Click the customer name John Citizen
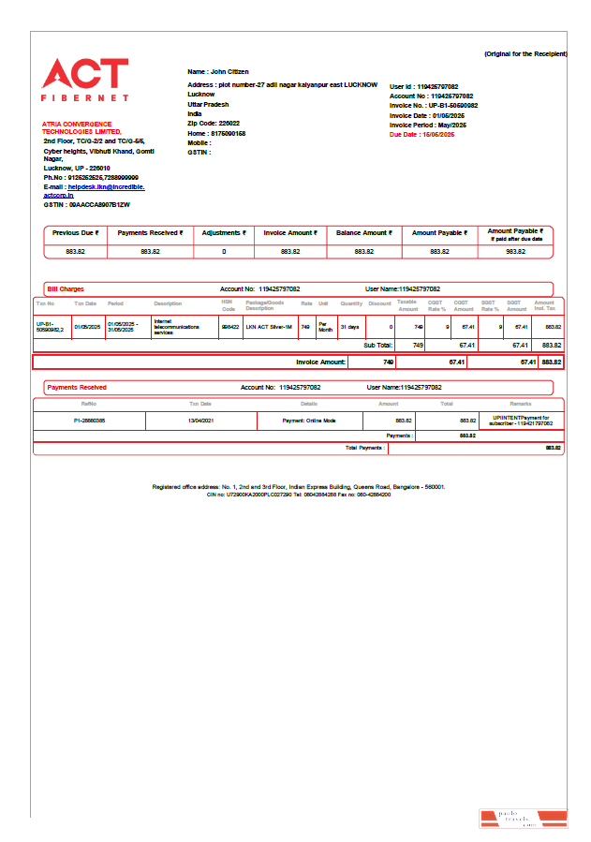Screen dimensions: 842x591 click(x=218, y=71)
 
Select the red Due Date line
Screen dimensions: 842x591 click(x=421, y=135)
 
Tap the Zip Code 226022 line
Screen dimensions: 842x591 click(x=214, y=124)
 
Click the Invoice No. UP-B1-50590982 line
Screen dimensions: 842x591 click(x=434, y=106)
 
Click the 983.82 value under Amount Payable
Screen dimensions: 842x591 click(x=516, y=251)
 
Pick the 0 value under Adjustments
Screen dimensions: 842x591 click(x=224, y=251)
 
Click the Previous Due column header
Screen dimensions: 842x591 click(x=75, y=232)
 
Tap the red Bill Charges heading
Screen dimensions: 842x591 click(x=66, y=289)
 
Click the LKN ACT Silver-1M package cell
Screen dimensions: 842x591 click(x=269, y=326)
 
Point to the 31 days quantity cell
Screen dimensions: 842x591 click(x=349, y=326)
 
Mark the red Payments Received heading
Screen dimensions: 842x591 click(x=77, y=387)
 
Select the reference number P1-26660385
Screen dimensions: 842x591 click(x=89, y=421)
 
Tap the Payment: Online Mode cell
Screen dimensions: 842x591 click(x=309, y=421)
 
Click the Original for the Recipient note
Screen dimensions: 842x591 click(x=525, y=54)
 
